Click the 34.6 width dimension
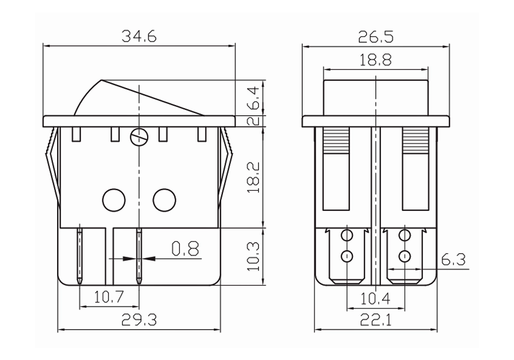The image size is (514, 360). [139, 36]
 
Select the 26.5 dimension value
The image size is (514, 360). [375, 37]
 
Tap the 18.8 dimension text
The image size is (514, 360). [375, 60]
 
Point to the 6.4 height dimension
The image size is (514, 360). [254, 98]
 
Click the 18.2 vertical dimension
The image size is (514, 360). [254, 177]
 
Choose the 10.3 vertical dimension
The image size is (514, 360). [254, 257]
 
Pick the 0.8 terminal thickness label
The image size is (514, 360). [186, 249]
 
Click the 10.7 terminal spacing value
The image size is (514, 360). [109, 297]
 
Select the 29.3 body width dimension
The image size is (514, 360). [139, 320]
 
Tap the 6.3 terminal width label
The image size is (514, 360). [453, 260]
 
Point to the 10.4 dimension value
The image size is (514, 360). [375, 298]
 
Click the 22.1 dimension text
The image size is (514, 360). [376, 320]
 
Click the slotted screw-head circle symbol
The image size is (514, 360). [139, 136]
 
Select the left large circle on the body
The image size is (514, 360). [114, 200]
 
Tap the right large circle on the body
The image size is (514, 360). [164, 200]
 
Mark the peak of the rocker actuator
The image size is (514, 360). [101, 80]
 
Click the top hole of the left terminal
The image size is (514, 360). [347, 236]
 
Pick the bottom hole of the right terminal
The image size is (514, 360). [405, 256]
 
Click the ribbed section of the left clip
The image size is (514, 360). [336, 141]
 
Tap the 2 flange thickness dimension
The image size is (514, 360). [254, 121]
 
